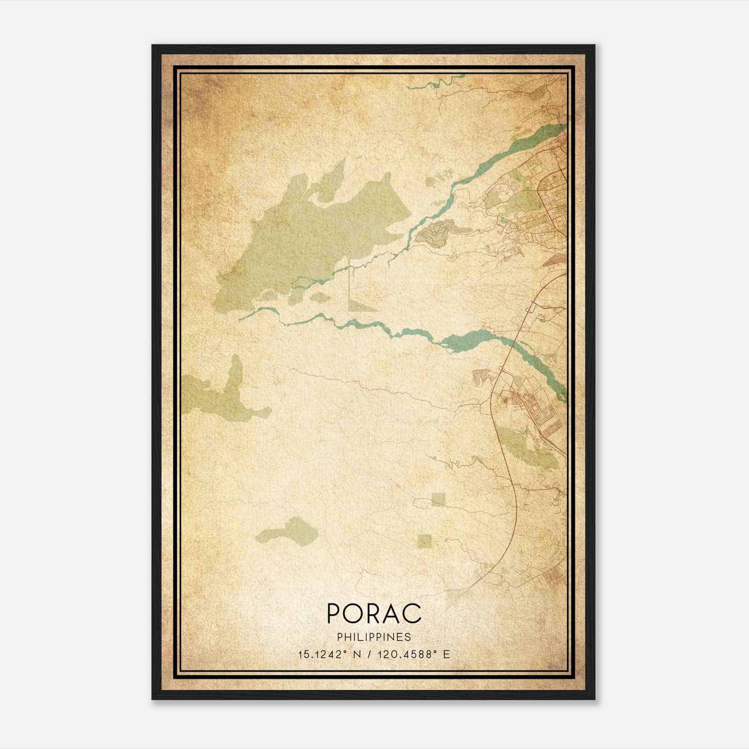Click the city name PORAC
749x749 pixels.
point(374,613)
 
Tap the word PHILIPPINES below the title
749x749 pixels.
point(374,637)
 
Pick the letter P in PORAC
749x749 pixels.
point(333,613)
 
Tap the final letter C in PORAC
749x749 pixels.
point(414,613)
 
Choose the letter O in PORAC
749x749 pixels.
point(353,613)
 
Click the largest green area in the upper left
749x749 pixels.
point(300,239)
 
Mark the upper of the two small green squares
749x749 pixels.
point(439,499)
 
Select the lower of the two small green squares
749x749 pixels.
point(425,541)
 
